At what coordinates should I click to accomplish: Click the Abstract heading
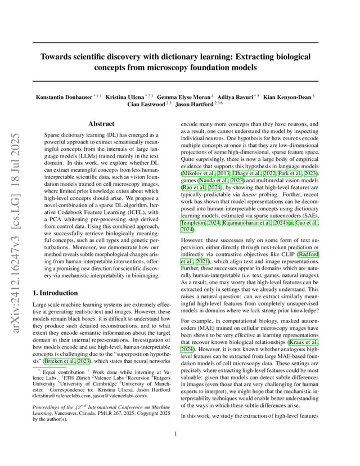102,123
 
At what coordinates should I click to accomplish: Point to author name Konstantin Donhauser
63,98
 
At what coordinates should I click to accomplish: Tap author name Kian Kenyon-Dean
288,98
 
